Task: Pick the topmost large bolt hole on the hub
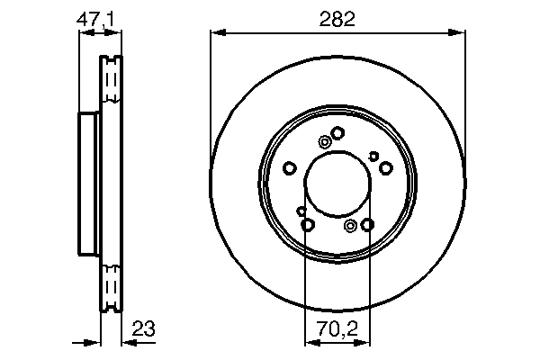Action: (337, 133)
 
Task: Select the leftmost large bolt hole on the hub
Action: (289, 168)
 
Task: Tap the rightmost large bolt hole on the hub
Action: (386, 168)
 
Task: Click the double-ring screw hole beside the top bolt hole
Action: (324, 140)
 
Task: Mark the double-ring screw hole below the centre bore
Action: (350, 225)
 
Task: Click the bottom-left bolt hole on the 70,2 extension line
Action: (307, 225)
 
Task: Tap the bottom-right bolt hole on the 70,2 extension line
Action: (368, 225)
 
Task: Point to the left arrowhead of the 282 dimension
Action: (216, 33)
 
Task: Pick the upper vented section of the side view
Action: (111, 85)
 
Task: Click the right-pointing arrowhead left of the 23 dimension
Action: (94, 342)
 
